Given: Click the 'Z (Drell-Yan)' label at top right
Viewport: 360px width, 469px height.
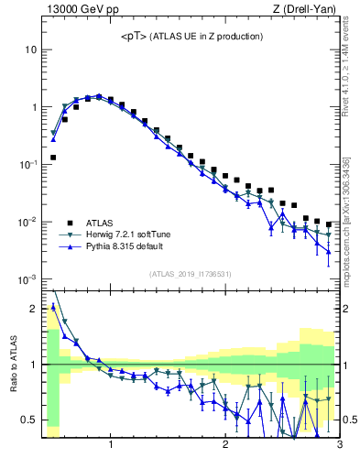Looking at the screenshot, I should coord(309,10).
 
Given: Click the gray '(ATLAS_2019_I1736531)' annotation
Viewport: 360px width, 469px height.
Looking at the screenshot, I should coord(191,274).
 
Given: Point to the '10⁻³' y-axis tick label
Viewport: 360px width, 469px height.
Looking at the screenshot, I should coord(27,278).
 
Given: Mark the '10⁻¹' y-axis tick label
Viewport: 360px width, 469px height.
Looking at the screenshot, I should coord(27,164).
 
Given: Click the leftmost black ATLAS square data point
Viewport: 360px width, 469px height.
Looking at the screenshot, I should coord(53,158).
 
